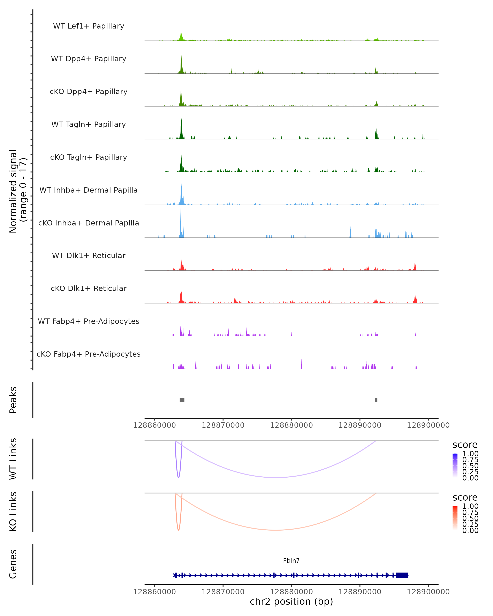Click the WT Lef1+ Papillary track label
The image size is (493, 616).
click(x=89, y=26)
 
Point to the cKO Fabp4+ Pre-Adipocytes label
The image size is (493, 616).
click(x=89, y=354)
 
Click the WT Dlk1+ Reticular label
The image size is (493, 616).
click(x=89, y=255)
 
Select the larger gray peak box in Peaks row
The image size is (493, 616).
click(x=182, y=400)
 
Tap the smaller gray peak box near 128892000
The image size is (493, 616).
click(x=376, y=400)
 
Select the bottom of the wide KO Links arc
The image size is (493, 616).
click(x=275, y=530)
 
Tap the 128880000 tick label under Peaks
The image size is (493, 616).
click(x=291, y=425)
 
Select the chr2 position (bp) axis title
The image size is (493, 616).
click(x=291, y=602)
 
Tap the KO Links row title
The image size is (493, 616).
click(x=13, y=511)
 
